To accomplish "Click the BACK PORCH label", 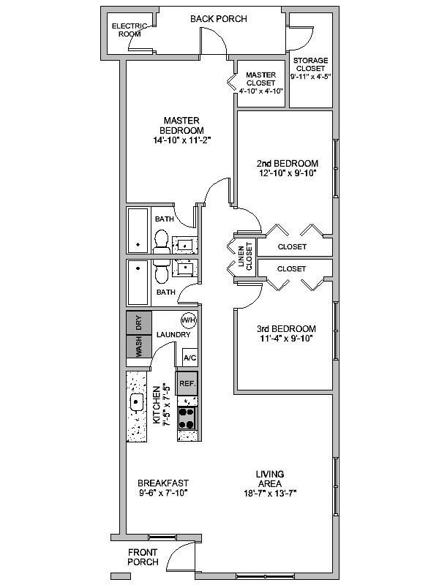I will pyautogui.click(x=219, y=18).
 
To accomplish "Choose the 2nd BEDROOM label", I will pyautogui.click(x=287, y=163).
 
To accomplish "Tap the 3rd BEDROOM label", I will pyautogui.click(x=286, y=329).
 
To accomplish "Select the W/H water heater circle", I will pyautogui.click(x=188, y=320).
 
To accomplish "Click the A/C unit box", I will pyautogui.click(x=190, y=358).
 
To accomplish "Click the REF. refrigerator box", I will pyautogui.click(x=187, y=383).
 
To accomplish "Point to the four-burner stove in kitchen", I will pyautogui.click(x=187, y=418).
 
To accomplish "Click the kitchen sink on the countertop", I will pyautogui.click(x=136, y=402).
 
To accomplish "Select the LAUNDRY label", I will pyautogui.click(x=173, y=335).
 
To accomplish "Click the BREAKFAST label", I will pyautogui.click(x=163, y=483).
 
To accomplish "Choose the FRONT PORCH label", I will pyautogui.click(x=143, y=557).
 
